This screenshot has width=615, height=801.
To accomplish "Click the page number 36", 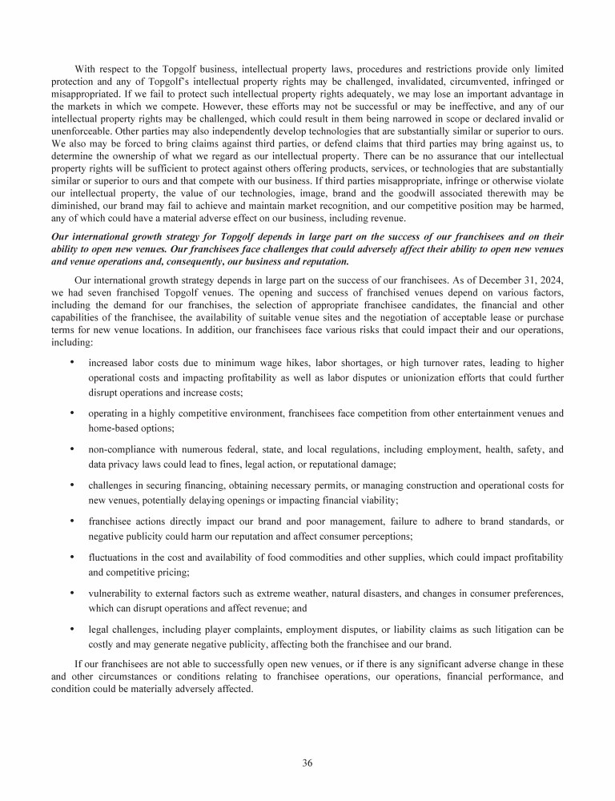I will (307, 763).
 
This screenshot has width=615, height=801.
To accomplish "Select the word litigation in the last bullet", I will (494, 629).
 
